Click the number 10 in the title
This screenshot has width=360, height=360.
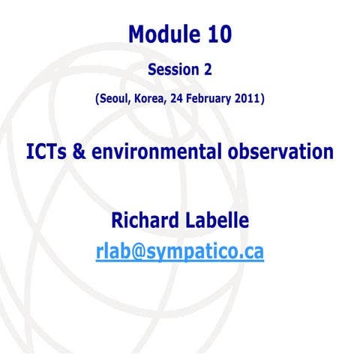[217, 34]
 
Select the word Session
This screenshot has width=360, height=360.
[172, 70]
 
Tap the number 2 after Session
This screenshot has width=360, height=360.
[208, 70]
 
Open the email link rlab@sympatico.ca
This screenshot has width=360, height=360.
[180, 253]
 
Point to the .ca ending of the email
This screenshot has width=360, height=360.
[251, 253]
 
